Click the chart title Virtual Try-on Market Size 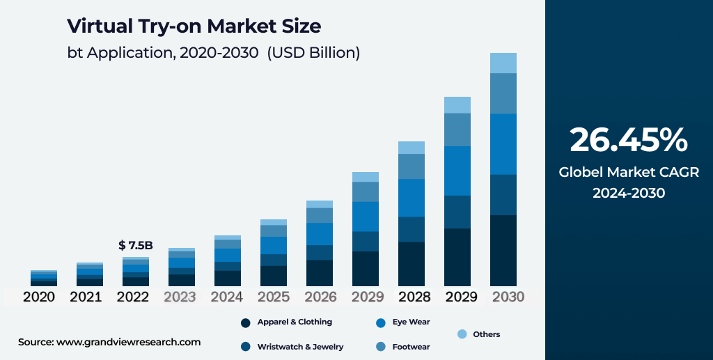pyautogui.click(x=194, y=26)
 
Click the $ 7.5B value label pyautogui.click(x=135, y=245)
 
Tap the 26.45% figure pyautogui.click(x=628, y=140)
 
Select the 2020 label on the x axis pyautogui.click(x=40, y=297)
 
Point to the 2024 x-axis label pyautogui.click(x=227, y=297)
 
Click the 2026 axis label pyautogui.click(x=320, y=297)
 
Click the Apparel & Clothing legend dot pyautogui.click(x=245, y=322)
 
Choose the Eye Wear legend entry pyautogui.click(x=411, y=322)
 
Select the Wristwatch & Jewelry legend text pyautogui.click(x=300, y=346)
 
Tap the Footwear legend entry pyautogui.click(x=411, y=346)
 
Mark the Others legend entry pyautogui.click(x=486, y=334)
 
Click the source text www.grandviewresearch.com pyautogui.click(x=128, y=342)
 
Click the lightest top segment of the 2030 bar pyautogui.click(x=503, y=63)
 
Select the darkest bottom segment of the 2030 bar pyautogui.click(x=503, y=251)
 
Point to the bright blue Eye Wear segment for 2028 pyautogui.click(x=412, y=198)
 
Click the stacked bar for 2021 pyautogui.click(x=90, y=274)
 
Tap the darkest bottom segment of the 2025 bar pyautogui.click(x=274, y=276)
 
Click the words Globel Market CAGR pyautogui.click(x=628, y=172)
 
